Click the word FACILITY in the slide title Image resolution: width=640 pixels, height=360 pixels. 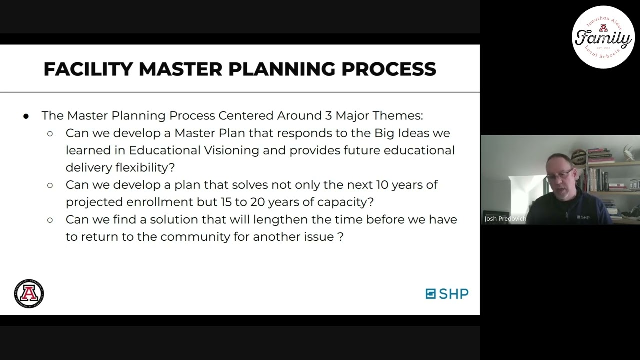88,69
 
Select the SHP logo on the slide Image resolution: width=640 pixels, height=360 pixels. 447,294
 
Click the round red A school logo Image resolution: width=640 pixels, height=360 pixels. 29,293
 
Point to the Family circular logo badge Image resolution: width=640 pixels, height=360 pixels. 603,37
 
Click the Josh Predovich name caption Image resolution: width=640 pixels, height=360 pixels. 505,219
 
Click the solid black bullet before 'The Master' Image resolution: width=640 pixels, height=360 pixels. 26,116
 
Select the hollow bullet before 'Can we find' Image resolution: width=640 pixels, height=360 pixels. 50,220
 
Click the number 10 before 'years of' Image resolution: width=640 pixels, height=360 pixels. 382,185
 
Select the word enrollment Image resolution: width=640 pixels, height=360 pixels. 159,202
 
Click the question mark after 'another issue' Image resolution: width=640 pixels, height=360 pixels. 341,236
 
